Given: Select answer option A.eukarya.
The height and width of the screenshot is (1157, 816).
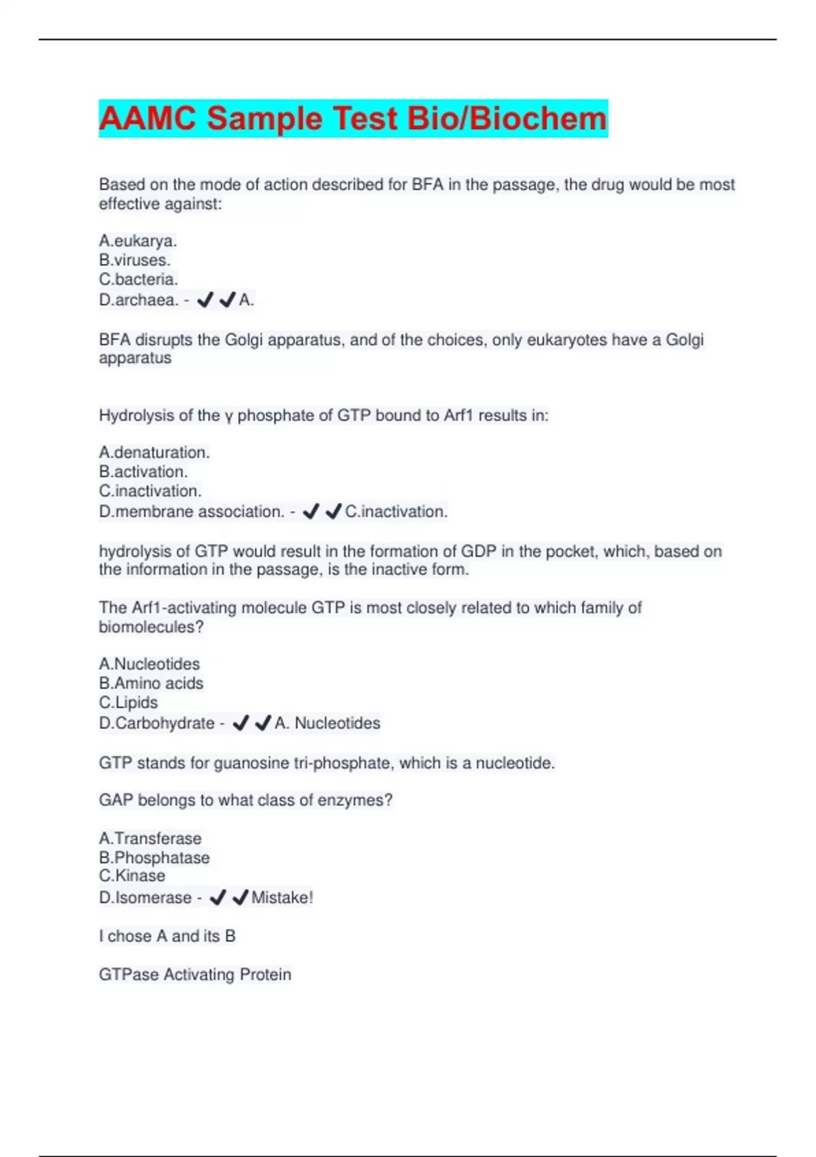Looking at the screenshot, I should coord(138,241).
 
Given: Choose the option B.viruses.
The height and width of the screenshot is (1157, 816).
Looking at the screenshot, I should coord(135,260).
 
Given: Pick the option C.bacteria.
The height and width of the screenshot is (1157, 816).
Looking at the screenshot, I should coord(139,279).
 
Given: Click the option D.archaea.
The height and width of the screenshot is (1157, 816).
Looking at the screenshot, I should coord(139,300).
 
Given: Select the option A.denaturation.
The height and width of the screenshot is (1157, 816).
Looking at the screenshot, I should coord(154,453).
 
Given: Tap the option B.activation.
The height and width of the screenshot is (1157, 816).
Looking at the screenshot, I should coord(143,472).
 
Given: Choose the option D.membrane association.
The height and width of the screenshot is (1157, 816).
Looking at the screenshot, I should coord(191,512).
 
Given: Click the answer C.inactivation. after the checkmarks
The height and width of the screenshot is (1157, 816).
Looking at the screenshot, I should coord(396,512).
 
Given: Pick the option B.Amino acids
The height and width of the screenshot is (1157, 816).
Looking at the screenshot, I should coord(151,683).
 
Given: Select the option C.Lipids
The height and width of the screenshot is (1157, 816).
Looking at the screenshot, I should coord(129,702).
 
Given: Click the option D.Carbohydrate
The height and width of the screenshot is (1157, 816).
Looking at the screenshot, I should coord(156,723).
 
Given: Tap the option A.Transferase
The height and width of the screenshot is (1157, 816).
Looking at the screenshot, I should coord(150,838).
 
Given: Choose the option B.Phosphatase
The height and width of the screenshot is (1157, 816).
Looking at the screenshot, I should coord(154,858).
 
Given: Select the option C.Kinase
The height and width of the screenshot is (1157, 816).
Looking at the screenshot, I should coord(132,876).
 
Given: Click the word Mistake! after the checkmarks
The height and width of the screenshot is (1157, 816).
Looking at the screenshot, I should coord(282,898).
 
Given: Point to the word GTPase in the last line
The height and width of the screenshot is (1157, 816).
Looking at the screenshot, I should coord(129,975).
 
